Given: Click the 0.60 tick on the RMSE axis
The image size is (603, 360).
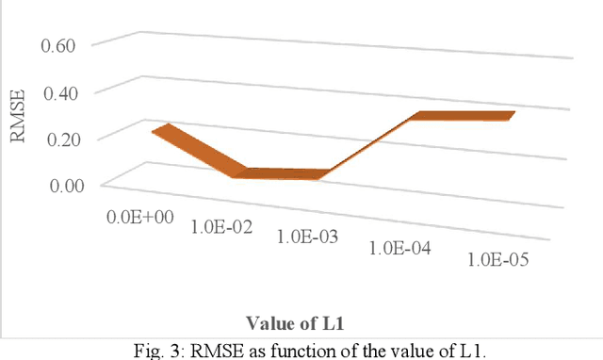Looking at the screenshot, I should click(72, 44).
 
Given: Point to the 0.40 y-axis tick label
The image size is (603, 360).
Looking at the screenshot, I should click(72, 91).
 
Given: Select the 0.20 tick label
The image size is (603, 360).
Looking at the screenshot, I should click(72, 138).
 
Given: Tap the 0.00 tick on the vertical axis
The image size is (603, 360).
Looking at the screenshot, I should click(72, 185).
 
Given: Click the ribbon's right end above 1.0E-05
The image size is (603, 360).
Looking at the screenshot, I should click(509, 115).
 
